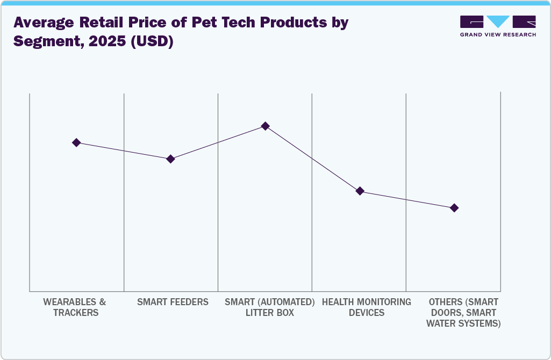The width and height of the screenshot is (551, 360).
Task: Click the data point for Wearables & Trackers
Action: tap(76, 142)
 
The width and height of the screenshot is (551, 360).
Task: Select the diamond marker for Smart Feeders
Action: tap(170, 159)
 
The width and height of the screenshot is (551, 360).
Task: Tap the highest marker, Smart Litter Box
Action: tap(265, 126)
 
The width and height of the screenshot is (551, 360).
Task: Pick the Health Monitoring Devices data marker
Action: tap(360, 191)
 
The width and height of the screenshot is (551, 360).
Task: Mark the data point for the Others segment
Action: tap(454, 208)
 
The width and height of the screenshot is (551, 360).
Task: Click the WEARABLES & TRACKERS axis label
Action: tap(75, 307)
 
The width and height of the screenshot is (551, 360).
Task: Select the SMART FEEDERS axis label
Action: tap(173, 302)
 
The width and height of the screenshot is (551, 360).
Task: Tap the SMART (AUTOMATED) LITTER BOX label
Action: tap(269, 307)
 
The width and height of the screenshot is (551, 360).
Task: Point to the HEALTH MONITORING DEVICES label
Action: tap(366, 307)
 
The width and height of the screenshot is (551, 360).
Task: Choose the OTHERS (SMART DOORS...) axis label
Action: tap(463, 312)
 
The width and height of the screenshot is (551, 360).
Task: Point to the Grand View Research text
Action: tap(498, 34)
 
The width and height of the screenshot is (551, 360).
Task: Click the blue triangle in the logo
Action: tap(498, 21)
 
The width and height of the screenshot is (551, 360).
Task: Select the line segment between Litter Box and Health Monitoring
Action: tap(312, 159)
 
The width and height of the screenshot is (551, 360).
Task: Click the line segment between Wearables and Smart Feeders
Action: tap(124, 151)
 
